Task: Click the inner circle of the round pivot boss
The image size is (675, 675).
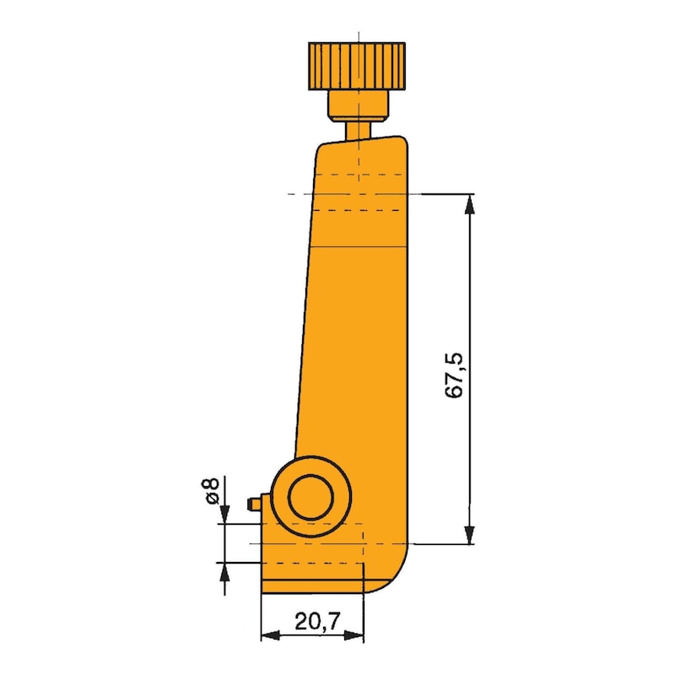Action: coord(312,499)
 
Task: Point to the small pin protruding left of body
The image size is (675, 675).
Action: coord(253,504)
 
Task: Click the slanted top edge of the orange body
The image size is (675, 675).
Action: coord(363,141)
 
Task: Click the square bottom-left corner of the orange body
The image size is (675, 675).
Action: coord(263,591)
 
